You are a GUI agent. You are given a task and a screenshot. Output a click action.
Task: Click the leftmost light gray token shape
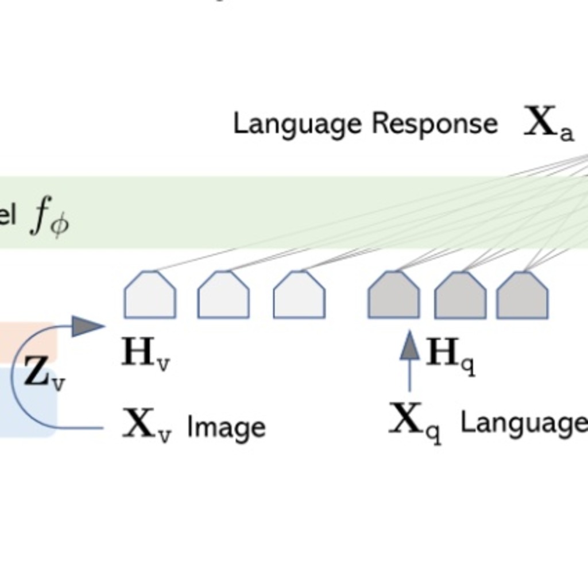click(x=150, y=295)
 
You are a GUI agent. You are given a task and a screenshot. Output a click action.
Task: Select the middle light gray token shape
click(x=223, y=295)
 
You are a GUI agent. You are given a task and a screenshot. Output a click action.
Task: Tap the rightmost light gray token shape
click(x=299, y=295)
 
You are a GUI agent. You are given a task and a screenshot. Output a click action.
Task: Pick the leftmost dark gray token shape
click(x=393, y=295)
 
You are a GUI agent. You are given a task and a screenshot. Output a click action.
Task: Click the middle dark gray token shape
click(x=460, y=295)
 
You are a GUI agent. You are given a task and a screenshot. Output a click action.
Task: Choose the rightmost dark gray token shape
click(x=522, y=295)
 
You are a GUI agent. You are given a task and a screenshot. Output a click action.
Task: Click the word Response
click(x=434, y=123)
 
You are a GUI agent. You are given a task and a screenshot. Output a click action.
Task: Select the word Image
click(x=226, y=428)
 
